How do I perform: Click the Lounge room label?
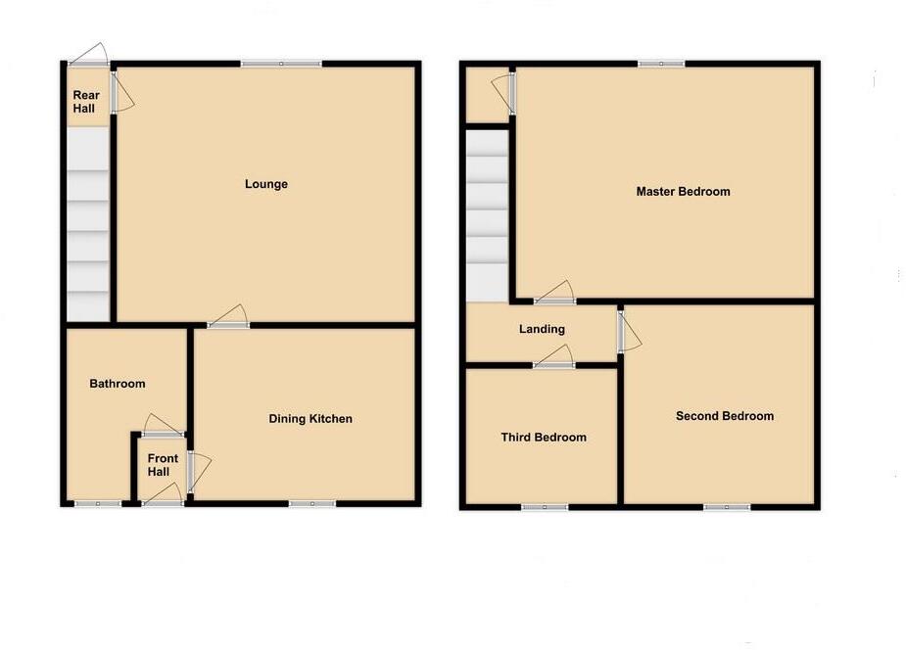(x=266, y=184)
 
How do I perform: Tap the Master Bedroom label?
(x=683, y=192)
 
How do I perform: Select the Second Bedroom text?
(x=724, y=416)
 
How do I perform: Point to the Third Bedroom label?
(x=544, y=438)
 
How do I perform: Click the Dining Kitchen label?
(x=310, y=419)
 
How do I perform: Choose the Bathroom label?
(x=117, y=384)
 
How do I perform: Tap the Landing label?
(x=541, y=329)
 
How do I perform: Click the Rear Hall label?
(x=83, y=102)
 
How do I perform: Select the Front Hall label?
(x=164, y=465)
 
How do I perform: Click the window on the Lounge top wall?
(x=281, y=65)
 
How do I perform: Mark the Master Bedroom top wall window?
(x=661, y=65)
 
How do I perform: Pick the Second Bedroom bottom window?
(x=727, y=507)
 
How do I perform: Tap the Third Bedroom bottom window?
(x=545, y=507)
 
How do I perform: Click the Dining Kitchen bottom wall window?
(x=311, y=504)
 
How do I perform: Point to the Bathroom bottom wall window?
(x=98, y=504)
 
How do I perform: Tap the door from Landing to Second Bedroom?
(x=627, y=331)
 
